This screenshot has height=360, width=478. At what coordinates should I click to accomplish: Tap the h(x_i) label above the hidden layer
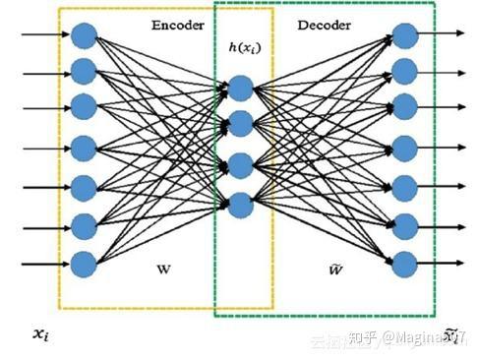pyautogui.click(x=241, y=47)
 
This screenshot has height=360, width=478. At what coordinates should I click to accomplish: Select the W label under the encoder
pyautogui.click(x=164, y=268)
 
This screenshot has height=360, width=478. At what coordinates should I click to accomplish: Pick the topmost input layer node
pyautogui.click(x=83, y=35)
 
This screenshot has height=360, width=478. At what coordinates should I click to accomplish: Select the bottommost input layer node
pyautogui.click(x=83, y=264)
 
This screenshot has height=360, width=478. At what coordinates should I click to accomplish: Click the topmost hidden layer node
pyautogui.click(x=241, y=89)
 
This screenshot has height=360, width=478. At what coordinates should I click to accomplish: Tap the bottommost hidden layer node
pyautogui.click(x=241, y=205)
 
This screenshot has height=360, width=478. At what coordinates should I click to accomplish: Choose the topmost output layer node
pyautogui.click(x=404, y=35)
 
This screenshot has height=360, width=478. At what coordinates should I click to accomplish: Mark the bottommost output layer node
pyautogui.click(x=404, y=264)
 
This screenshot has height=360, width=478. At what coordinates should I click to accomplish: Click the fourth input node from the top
pyautogui.click(x=83, y=149)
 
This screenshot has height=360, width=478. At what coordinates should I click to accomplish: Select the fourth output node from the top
pyautogui.click(x=404, y=149)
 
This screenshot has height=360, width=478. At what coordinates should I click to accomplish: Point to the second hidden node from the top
pyautogui.click(x=241, y=124)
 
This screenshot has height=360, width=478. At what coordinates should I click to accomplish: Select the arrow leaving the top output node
pyautogui.click(x=445, y=35)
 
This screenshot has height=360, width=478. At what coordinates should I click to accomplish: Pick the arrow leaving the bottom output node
pyautogui.click(x=445, y=264)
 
